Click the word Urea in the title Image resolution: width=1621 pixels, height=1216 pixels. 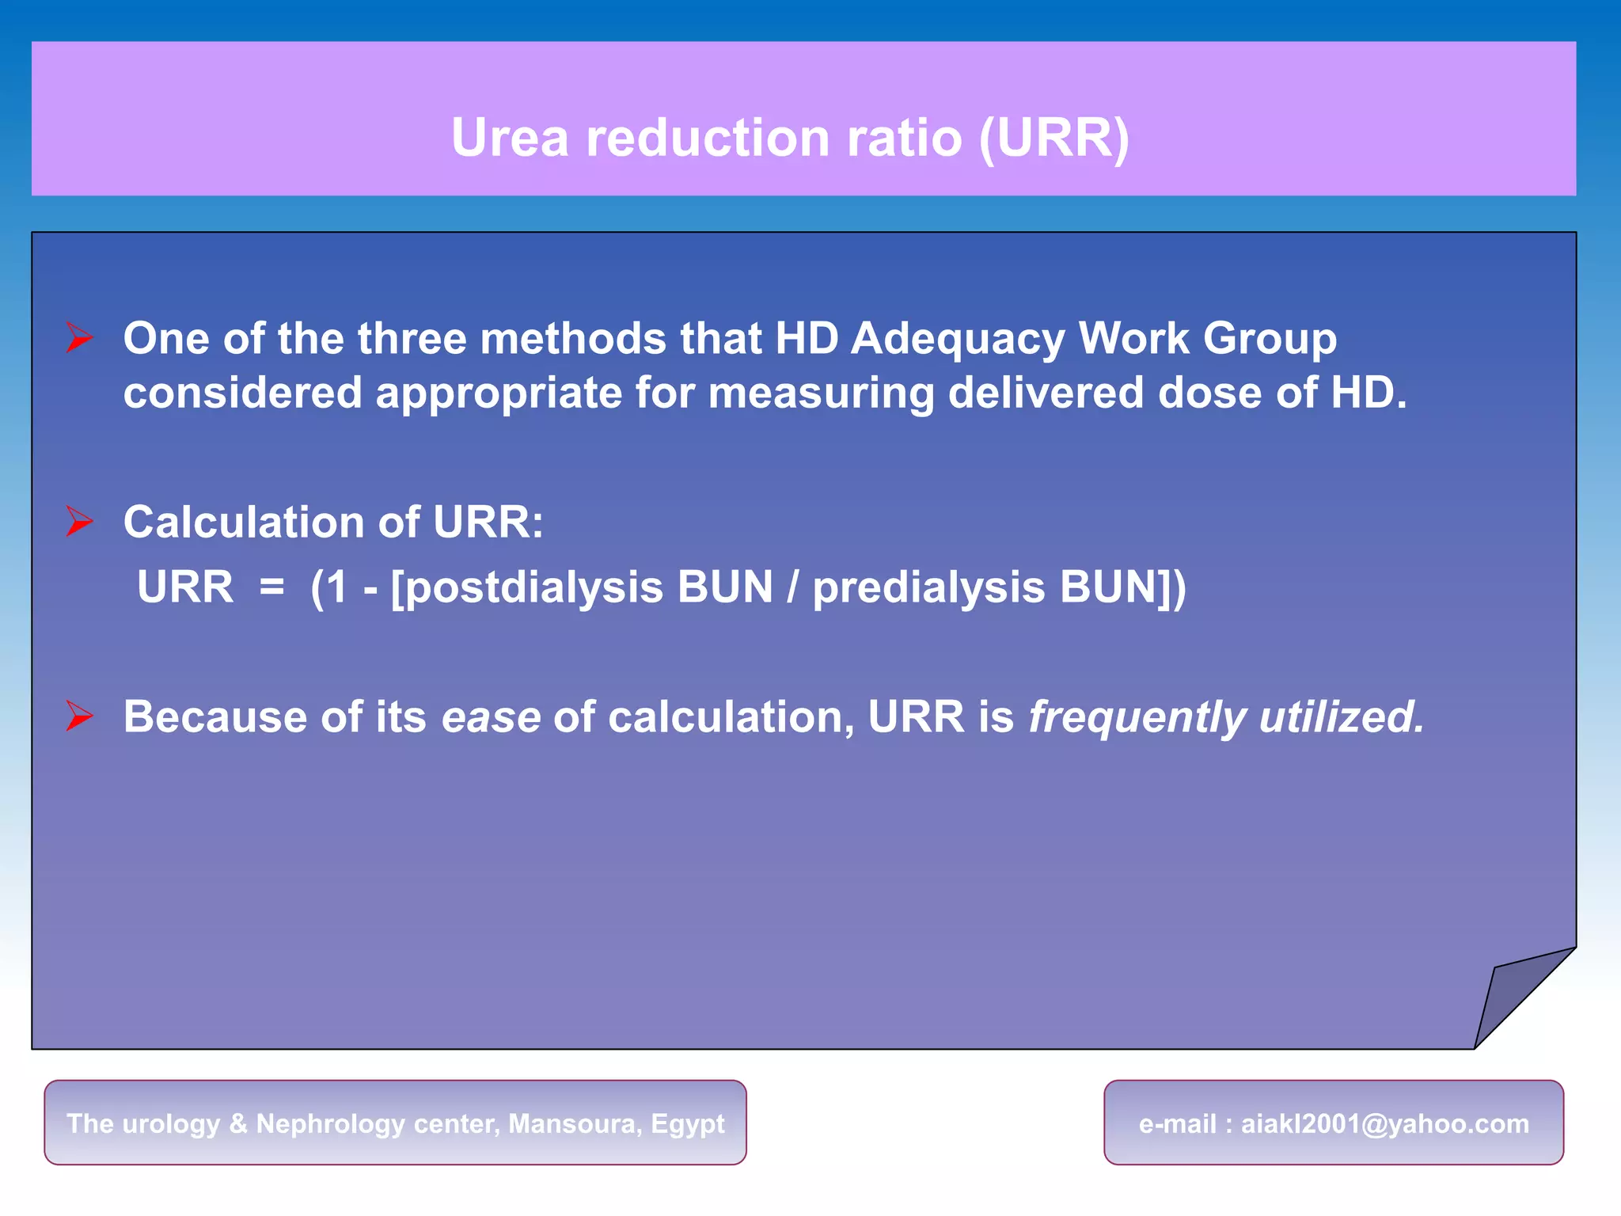click(x=510, y=138)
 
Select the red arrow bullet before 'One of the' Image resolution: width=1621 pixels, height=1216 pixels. click(x=79, y=338)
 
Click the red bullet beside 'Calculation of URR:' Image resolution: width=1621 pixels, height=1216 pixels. click(x=79, y=522)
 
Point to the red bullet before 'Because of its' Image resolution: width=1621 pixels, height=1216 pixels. click(x=79, y=716)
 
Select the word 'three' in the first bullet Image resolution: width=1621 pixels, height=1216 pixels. click(x=412, y=339)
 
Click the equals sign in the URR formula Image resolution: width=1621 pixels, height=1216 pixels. click(x=271, y=587)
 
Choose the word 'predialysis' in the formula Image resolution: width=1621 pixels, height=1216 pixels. click(x=929, y=588)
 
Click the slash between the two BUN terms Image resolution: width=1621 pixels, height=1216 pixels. click(x=792, y=588)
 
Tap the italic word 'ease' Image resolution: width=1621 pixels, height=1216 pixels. click(x=491, y=717)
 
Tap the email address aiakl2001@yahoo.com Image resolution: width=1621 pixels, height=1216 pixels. click(x=1384, y=1123)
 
